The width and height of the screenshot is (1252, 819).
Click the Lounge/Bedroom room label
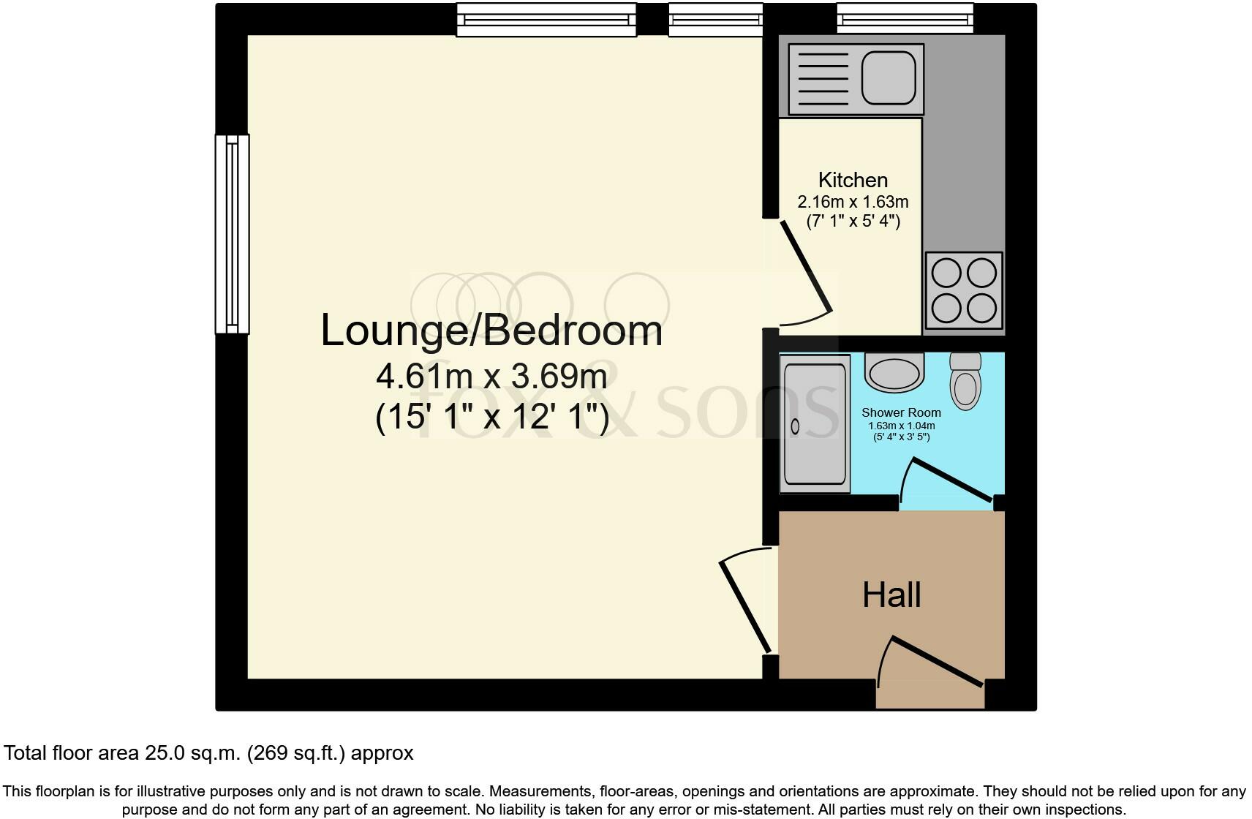(491, 331)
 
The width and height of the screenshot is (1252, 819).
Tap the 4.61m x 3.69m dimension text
(491, 377)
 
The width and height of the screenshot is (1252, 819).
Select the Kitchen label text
(853, 180)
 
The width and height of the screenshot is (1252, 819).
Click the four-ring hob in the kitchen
(964, 291)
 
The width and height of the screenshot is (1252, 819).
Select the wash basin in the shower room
(894, 372)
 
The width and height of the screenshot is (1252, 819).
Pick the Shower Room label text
(901, 412)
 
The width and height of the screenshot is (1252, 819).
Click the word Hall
(891, 595)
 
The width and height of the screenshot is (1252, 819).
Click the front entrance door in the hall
(936, 663)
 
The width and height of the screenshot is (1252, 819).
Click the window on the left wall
(232, 234)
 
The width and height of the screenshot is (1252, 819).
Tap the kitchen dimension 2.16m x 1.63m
(853, 202)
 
